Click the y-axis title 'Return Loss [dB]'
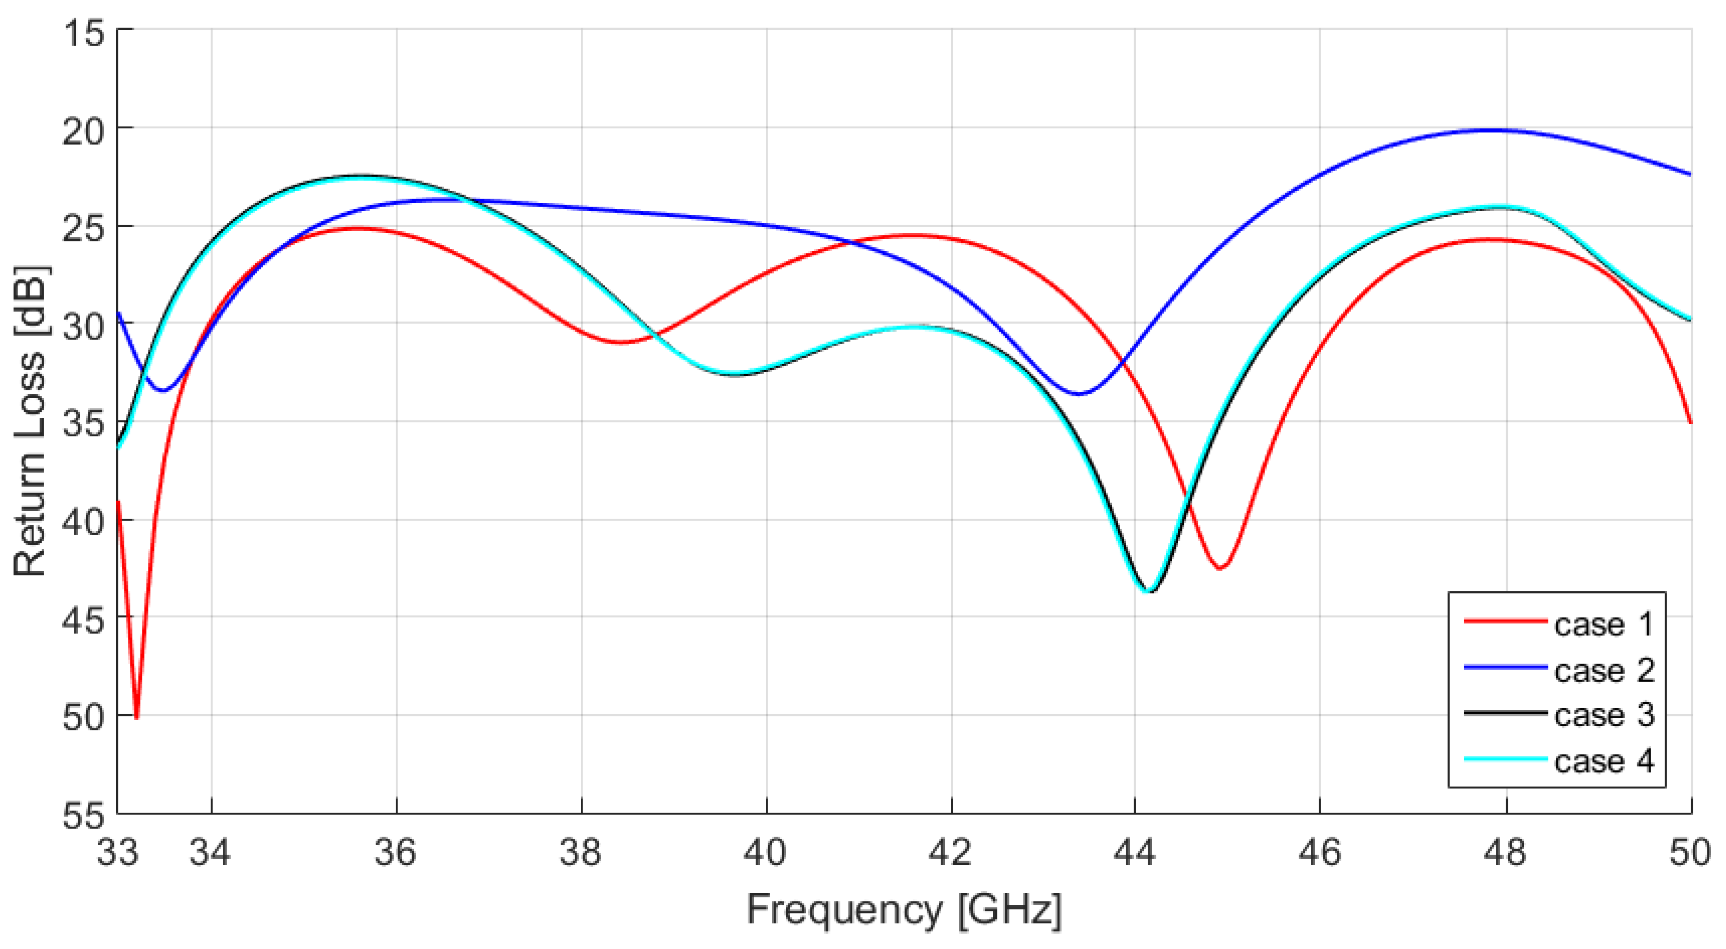click(30, 422)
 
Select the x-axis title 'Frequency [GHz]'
click(904, 910)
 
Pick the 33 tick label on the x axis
click(118, 853)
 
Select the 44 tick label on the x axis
click(1135, 853)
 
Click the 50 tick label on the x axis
click(1690, 853)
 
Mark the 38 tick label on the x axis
click(581, 853)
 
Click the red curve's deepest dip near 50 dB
click(137, 718)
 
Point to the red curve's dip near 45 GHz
click(1220, 568)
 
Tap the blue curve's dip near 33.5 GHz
click(163, 390)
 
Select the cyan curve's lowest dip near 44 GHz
click(1147, 591)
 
